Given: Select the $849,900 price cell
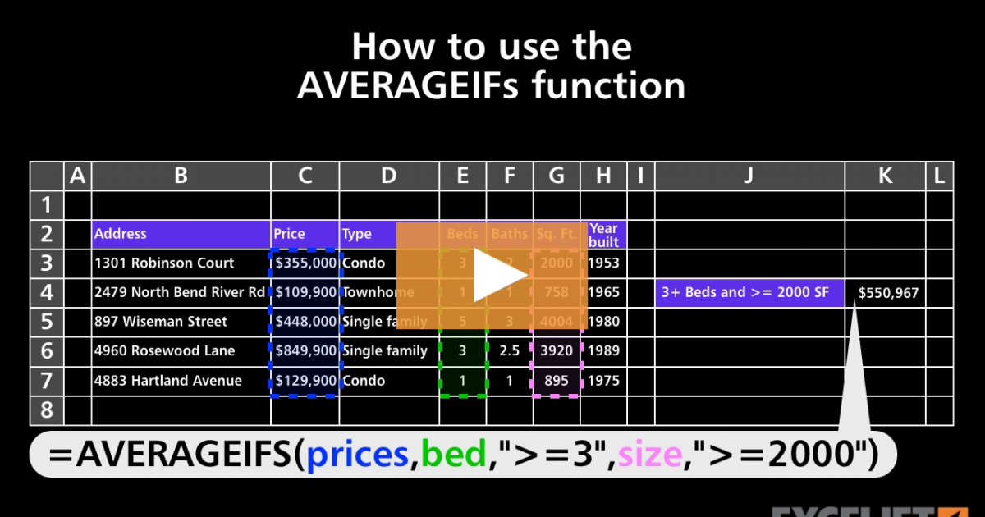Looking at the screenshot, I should point(305,351).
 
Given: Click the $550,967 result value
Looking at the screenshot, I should point(888,293).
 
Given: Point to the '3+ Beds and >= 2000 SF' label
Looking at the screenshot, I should point(748,293).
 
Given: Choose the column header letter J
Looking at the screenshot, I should point(749,175).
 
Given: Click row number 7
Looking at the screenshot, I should point(46,381).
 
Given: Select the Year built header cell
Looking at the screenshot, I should point(603,234).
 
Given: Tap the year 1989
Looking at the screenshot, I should point(603,351).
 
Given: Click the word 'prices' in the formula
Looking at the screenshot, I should point(358,455).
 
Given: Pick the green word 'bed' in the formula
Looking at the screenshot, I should point(453,455).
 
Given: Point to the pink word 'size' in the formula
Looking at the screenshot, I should point(649,455).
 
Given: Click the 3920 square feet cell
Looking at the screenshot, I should point(557,351).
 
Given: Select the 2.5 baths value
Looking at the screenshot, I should point(509,351).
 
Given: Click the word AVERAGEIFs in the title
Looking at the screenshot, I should point(408,85).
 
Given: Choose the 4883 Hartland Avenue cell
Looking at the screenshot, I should point(167,381).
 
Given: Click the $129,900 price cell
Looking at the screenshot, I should point(305,381).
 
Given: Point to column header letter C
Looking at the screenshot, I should point(305,175).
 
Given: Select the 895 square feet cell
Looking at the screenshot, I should point(557,381).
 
